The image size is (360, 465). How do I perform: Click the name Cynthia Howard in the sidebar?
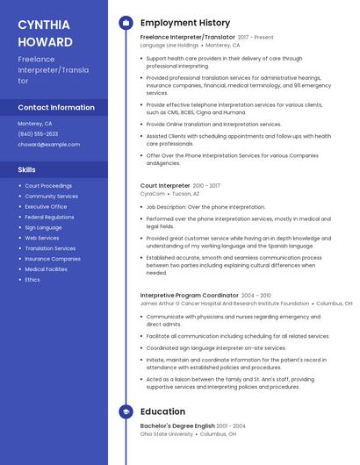click(x=46, y=32)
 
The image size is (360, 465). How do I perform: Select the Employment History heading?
click(x=184, y=23)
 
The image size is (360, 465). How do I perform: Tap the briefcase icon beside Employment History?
click(x=126, y=23)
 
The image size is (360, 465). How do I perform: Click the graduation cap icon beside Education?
click(x=126, y=411)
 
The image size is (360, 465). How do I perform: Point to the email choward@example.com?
click(x=48, y=144)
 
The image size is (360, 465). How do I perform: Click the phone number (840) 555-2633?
click(x=38, y=133)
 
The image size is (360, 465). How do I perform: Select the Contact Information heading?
click(x=56, y=108)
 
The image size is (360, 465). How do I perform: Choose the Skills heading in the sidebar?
click(x=27, y=169)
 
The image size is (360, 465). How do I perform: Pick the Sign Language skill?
click(x=43, y=227)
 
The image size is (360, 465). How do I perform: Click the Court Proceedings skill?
click(x=48, y=186)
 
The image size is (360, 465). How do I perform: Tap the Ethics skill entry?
click(x=32, y=279)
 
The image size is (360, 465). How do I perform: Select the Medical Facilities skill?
click(x=47, y=269)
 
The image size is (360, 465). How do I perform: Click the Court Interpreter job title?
click(x=165, y=186)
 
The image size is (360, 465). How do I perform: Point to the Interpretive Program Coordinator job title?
click(x=189, y=296)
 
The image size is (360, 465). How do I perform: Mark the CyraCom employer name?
click(x=152, y=194)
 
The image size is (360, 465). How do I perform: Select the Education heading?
click(x=162, y=411)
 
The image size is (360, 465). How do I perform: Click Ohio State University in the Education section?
click(x=166, y=433)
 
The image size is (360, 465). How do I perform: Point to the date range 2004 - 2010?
click(x=256, y=296)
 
